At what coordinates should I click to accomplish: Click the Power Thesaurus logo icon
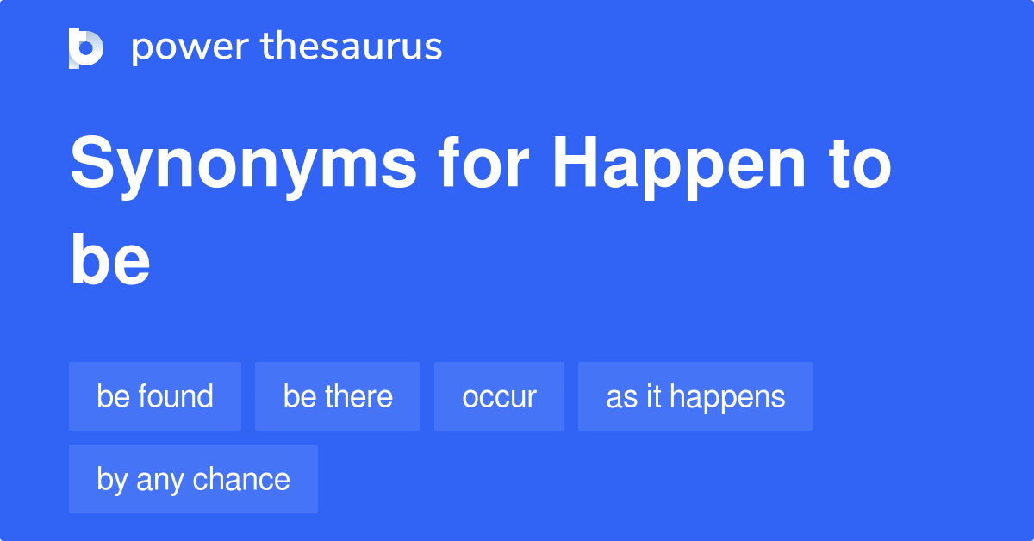[x=86, y=47]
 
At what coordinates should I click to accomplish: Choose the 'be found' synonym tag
[x=155, y=396]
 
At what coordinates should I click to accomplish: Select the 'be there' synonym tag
[x=338, y=396]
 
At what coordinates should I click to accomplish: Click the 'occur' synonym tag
[x=499, y=396]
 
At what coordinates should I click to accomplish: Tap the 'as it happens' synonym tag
[x=695, y=396]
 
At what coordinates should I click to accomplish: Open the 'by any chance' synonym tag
[x=193, y=479]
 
